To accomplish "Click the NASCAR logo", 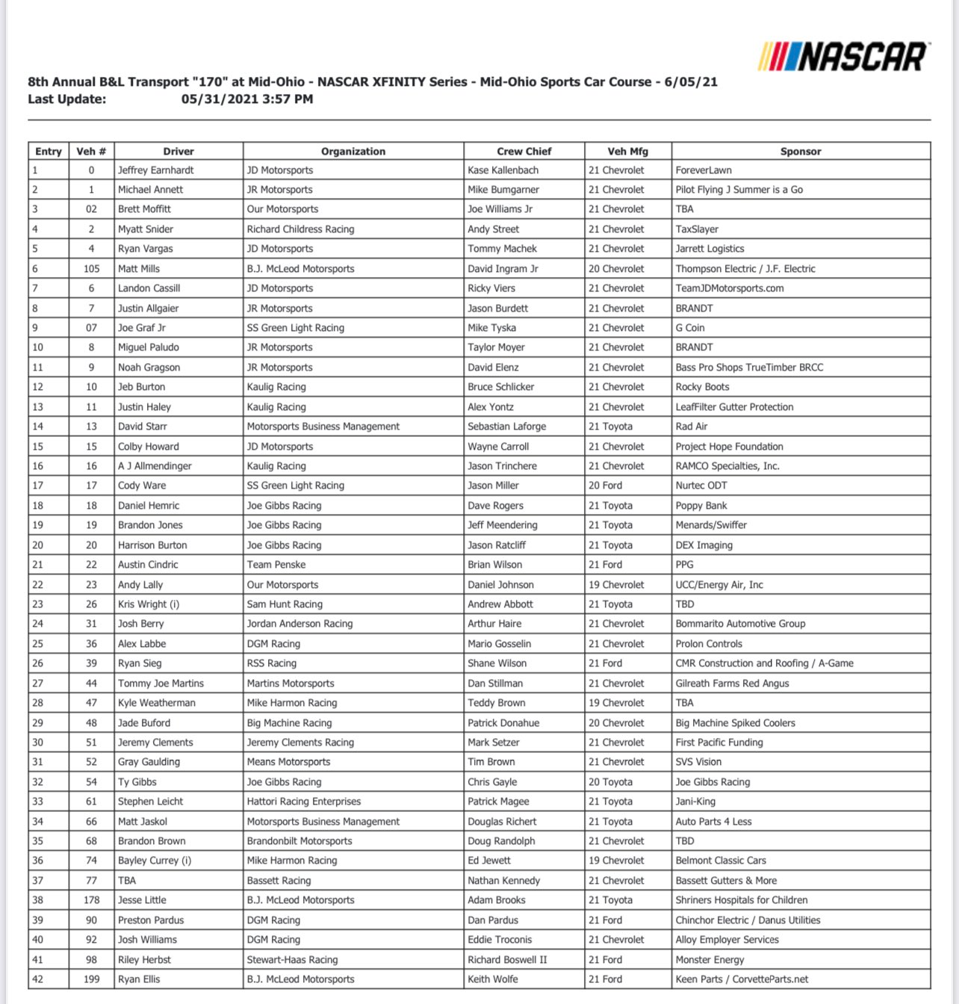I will [843, 57].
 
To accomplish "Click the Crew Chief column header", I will [524, 151].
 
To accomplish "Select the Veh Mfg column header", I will [627, 151].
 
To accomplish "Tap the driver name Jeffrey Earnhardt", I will [155, 170].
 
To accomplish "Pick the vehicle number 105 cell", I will [91, 269].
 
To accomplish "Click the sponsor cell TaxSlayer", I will [697, 229].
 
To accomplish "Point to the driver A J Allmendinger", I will [155, 466].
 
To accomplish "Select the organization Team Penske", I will [276, 565].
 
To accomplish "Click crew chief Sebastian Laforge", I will [506, 427].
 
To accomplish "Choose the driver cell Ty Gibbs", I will [137, 782].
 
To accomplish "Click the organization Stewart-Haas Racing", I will [292, 960].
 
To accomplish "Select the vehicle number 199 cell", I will [91, 979].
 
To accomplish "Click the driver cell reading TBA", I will [127, 881].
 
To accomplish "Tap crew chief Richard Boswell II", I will [507, 960].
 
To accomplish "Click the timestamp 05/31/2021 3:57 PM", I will [247, 99].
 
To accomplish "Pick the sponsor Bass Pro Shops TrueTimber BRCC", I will [749, 368].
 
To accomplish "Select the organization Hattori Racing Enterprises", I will [303, 802].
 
